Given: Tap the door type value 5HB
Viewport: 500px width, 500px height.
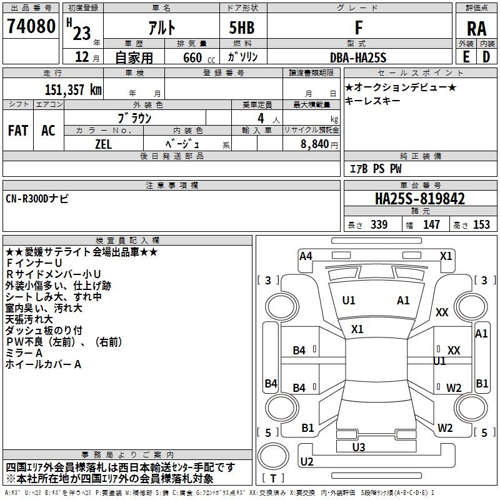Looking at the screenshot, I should pyautogui.click(x=237, y=27).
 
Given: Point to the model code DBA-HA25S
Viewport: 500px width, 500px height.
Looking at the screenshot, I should pyautogui.click(x=358, y=57).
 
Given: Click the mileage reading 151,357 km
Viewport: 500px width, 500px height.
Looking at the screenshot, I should pyautogui.click(x=73, y=89).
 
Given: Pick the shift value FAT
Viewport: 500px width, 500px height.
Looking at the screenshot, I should pyautogui.click(x=18, y=131).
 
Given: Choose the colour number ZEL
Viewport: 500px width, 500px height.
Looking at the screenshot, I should pyautogui.click(x=104, y=143).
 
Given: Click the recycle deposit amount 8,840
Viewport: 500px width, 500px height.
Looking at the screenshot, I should pyautogui.click(x=314, y=144).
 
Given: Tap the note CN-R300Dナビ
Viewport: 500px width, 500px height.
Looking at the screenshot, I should pyautogui.click(x=38, y=199).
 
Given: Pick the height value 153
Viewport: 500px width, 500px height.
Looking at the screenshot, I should pyautogui.click(x=481, y=225).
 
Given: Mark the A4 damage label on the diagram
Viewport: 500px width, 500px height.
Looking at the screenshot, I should pyautogui.click(x=306, y=256).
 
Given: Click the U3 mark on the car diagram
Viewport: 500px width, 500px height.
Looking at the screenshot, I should pyautogui.click(x=359, y=447).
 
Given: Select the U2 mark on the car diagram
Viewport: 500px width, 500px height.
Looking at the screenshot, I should pyautogui.click(x=307, y=461).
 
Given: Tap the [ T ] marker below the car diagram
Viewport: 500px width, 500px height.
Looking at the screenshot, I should pyautogui.click(x=274, y=478).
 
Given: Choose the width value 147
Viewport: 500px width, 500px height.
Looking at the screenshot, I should pyautogui.click(x=431, y=225).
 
